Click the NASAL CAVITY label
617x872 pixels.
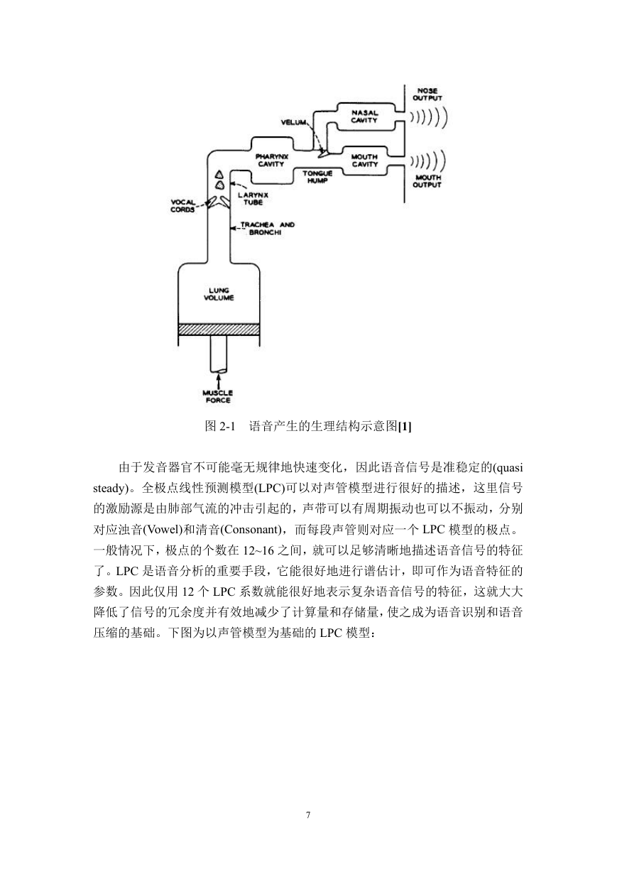(364, 116)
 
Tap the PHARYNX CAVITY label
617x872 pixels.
(271, 160)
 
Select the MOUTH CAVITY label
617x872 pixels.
(365, 160)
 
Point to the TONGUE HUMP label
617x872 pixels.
(317, 177)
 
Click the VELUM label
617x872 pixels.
(294, 122)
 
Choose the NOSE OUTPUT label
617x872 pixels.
(427, 94)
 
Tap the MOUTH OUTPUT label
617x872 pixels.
(427, 181)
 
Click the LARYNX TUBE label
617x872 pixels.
(253, 199)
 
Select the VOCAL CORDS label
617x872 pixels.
(182, 205)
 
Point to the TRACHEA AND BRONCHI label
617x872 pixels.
(267, 229)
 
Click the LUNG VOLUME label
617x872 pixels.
(219, 294)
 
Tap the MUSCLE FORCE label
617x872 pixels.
(218, 396)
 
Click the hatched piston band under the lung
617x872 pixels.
(219, 329)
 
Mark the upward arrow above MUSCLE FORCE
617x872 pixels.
(219, 379)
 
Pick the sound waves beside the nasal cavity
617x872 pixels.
(428, 116)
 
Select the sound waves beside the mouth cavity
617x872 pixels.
(427, 160)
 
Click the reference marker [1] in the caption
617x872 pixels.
(405, 427)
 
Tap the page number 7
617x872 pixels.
(308, 814)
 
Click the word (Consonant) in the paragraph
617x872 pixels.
(251, 530)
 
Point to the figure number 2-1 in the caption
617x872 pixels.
(227, 427)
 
